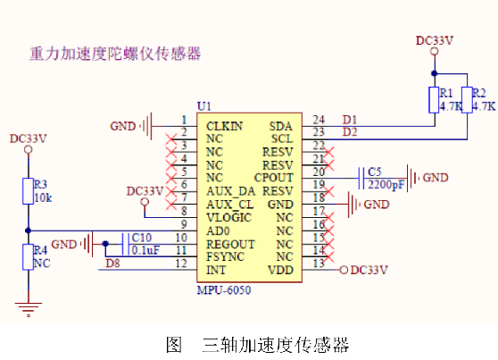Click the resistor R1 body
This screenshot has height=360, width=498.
click(435, 99)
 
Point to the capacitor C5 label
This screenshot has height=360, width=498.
click(374, 172)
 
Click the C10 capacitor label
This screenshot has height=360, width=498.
click(141, 238)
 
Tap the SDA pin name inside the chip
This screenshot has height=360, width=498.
click(280, 126)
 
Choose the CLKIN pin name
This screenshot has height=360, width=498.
click(225, 126)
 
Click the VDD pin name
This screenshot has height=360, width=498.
click(280, 269)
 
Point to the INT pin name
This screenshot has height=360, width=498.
click(215, 269)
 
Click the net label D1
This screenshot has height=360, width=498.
click(350, 120)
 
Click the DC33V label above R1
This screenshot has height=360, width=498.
click(435, 40)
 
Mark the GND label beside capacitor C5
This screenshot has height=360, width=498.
click(435, 178)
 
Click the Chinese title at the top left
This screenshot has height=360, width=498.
click(114, 54)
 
